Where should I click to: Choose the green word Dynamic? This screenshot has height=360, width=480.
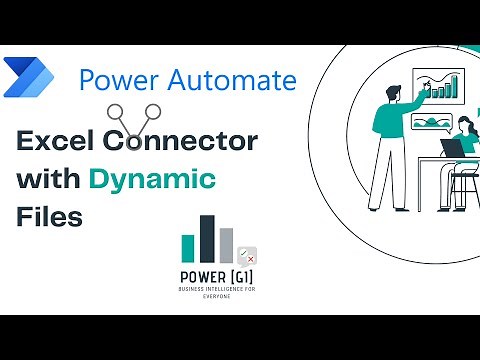[x=152, y=180]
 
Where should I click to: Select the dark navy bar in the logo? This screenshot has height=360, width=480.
[x=207, y=241]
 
